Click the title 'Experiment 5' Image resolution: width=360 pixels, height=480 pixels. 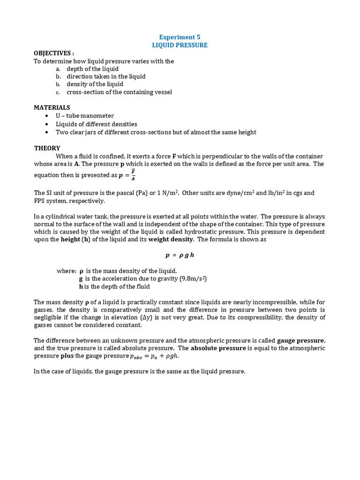180,37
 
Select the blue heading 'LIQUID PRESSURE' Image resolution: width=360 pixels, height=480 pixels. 180,45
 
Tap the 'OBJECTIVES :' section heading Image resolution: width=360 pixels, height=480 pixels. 54,53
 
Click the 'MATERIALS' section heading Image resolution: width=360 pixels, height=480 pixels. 52,107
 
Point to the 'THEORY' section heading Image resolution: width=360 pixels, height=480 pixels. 47,148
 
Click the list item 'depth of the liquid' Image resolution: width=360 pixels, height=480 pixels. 92,69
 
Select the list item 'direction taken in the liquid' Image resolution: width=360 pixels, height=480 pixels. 106,76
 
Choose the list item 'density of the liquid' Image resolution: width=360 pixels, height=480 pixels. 95,84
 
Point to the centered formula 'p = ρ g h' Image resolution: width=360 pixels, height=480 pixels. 180,255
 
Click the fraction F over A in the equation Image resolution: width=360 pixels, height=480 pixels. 133,175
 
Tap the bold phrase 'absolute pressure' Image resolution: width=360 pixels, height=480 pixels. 218,348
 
